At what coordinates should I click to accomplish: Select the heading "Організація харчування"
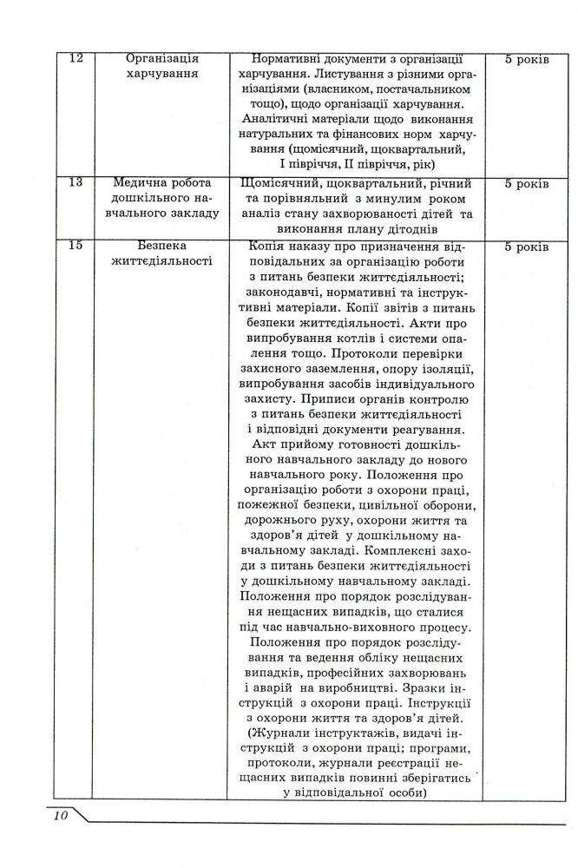[161, 66]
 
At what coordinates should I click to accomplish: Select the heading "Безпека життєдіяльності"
[161, 253]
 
